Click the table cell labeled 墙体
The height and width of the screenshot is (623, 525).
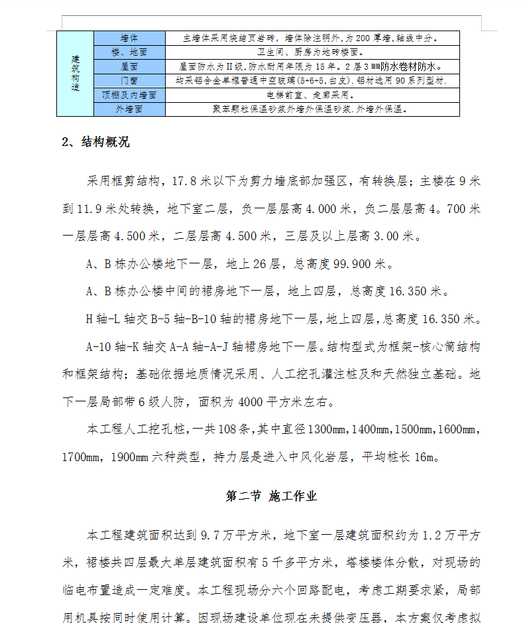[x=129, y=38]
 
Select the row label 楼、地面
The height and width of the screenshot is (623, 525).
[x=129, y=52]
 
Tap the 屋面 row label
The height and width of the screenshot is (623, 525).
[x=129, y=66]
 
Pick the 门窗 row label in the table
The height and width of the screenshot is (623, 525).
[x=129, y=80]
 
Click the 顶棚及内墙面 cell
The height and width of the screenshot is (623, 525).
[x=129, y=95]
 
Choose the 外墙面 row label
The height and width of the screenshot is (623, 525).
[x=129, y=109]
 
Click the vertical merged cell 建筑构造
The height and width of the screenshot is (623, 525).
[x=75, y=74]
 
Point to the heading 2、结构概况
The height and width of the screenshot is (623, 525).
[x=95, y=142]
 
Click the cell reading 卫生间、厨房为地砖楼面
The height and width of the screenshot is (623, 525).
[x=313, y=52]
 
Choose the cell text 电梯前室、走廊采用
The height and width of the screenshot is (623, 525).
[x=313, y=95]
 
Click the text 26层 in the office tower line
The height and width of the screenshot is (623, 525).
[x=266, y=264]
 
